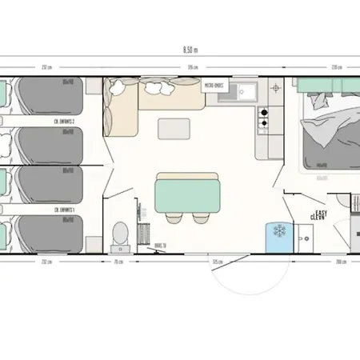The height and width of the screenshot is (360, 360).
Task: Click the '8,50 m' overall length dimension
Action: [190, 50]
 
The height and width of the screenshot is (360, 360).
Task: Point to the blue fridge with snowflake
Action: [280, 230]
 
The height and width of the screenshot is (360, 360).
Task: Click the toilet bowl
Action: [122, 233]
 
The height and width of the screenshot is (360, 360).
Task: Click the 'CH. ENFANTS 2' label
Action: [66, 121]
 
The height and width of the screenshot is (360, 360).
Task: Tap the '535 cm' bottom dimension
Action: [216, 262]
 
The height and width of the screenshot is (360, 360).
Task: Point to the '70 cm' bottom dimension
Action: [117, 262]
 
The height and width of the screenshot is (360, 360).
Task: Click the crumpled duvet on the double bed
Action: [325, 132]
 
